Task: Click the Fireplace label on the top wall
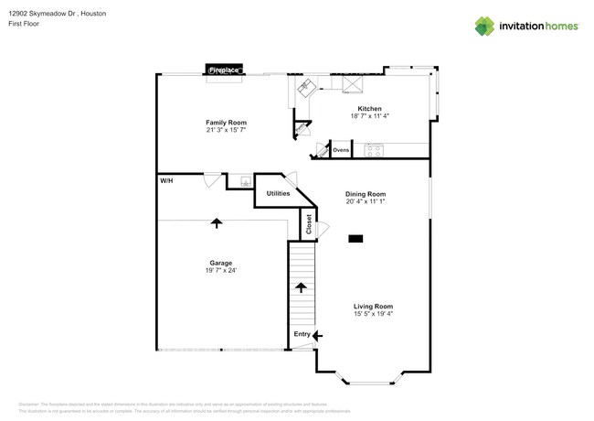(224, 70)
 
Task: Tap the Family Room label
(226, 123)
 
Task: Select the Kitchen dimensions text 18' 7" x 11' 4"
(370, 116)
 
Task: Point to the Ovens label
(341, 149)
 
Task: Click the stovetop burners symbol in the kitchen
(374, 149)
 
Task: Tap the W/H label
(167, 181)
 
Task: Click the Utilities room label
(278, 193)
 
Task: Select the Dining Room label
(366, 194)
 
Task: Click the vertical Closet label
(309, 224)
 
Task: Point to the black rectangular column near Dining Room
(355, 239)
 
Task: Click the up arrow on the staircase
(301, 287)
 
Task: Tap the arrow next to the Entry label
(317, 336)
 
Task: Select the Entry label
(302, 335)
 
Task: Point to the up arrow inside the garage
(217, 222)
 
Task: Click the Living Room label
(373, 307)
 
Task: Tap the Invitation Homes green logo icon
(484, 27)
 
